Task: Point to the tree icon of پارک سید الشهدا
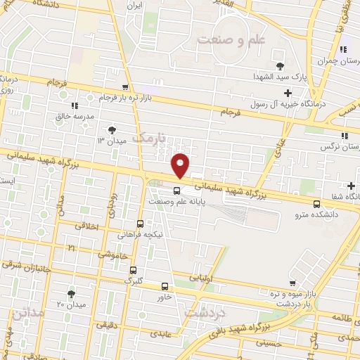coord(280,65)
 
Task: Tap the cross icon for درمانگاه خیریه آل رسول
coord(288,93)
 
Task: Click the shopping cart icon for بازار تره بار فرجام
coord(124,86)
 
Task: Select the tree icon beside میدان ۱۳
coord(111,129)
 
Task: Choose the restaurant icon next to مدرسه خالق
coord(75,105)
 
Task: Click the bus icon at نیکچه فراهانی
coord(141,224)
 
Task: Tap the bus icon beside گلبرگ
coord(134,269)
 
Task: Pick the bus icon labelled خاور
coord(165,286)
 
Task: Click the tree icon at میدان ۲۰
coord(70,293)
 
